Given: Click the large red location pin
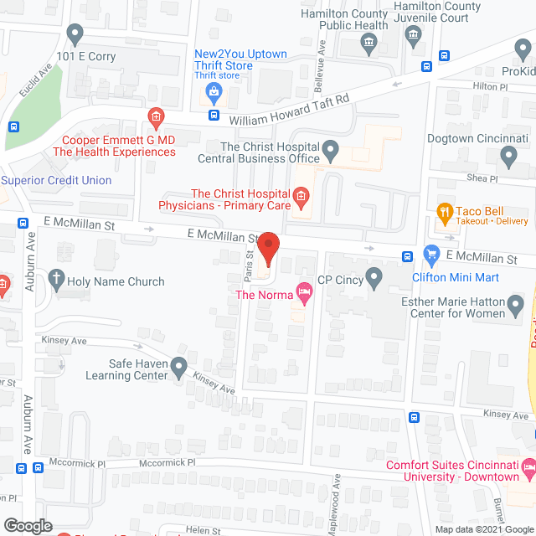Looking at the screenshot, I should coord(267,249).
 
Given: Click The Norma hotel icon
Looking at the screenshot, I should coord(303,293).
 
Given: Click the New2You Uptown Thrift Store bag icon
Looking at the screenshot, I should coord(214,90).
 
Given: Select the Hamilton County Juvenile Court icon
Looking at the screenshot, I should coord(412,34).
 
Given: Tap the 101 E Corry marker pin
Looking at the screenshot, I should coord(75,34).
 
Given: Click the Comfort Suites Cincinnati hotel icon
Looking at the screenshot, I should coord(528,466).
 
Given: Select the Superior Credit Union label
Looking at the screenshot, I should coord(56,180).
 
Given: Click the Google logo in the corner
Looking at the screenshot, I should coord(27,525).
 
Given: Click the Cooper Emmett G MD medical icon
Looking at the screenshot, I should coord(154,116).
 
